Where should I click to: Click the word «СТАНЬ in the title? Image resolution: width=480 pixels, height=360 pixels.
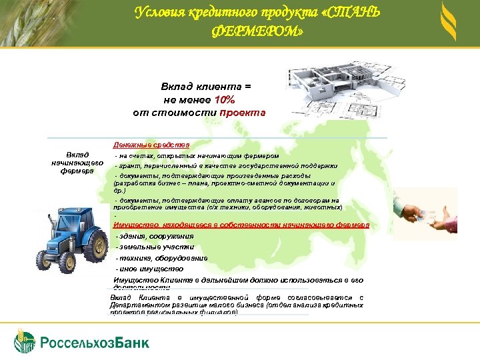349,13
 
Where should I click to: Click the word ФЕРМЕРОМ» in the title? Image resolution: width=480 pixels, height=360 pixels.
257,31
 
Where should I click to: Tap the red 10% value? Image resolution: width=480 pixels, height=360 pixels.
225,99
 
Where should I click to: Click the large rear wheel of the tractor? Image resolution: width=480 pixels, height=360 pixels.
97,248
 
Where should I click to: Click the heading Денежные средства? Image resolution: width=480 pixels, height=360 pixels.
151,145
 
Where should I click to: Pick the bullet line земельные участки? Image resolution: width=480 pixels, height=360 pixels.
155,247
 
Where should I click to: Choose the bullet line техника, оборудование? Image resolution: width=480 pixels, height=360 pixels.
161,258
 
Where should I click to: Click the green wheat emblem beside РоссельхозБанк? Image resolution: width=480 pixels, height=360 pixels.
25,341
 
